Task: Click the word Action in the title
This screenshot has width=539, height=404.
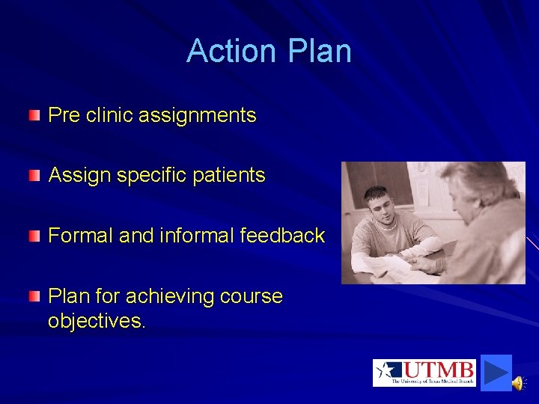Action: pyautogui.click(x=231, y=51)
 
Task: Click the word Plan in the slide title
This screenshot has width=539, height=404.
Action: pyautogui.click(x=318, y=51)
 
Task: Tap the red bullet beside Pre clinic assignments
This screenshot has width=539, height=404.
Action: pyautogui.click(x=34, y=115)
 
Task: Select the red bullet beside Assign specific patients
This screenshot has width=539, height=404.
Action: pyautogui.click(x=34, y=176)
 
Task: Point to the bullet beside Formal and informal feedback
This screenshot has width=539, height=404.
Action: pyautogui.click(x=34, y=236)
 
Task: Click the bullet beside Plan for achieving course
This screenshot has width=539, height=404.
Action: pyautogui.click(x=34, y=297)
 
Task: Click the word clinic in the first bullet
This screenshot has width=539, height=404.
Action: pyautogui.click(x=111, y=115)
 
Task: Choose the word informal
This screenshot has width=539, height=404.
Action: pyautogui.click(x=196, y=236)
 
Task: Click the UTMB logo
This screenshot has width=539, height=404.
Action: pyautogui.click(x=424, y=373)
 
